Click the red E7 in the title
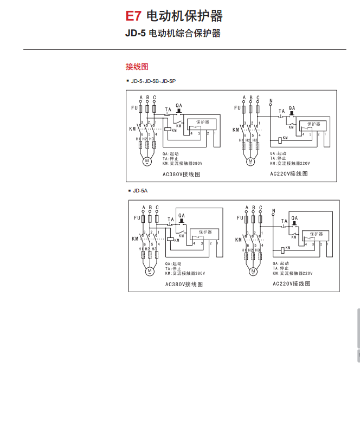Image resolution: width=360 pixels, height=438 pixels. pyautogui.click(x=133, y=16)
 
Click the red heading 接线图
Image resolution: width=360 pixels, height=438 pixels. pyautogui.click(x=137, y=67)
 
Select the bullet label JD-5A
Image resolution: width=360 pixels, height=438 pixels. pyautogui.click(x=140, y=191)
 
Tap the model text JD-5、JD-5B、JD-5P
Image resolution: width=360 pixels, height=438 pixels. pyautogui.click(x=153, y=81)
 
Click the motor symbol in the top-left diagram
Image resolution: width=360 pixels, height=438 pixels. pyautogui.click(x=146, y=160)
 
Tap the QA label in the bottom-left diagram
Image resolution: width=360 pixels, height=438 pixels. pyautogui.click(x=181, y=216)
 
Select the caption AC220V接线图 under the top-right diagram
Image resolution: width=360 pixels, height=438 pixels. pyautogui.click(x=289, y=174)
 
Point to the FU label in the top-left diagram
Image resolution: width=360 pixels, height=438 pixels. pyautogui.click(x=134, y=108)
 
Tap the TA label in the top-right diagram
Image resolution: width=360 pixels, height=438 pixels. pyautogui.click(x=281, y=111)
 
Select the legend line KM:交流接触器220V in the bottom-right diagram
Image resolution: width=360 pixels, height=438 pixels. pyautogui.click(x=293, y=274)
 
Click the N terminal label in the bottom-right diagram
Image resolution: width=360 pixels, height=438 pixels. pyautogui.click(x=273, y=210)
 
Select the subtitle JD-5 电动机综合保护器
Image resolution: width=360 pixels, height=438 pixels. pyautogui.click(x=172, y=34)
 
